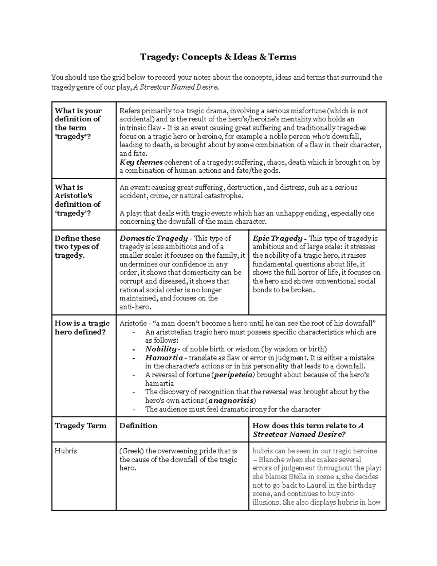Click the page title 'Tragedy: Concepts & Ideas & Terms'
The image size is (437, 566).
coord(219,57)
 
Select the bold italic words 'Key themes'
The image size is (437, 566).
coord(141,163)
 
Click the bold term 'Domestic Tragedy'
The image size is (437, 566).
coord(153,238)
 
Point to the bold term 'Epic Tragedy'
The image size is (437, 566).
coord(277,238)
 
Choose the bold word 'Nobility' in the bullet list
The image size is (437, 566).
coord(161,349)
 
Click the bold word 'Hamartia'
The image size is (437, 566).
coord(164,358)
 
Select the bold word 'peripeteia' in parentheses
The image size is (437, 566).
coord(233,375)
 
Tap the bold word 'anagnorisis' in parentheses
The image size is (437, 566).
coord(230,401)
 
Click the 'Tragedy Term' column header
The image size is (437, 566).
coord(80,426)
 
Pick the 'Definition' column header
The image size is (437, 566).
coord(138,426)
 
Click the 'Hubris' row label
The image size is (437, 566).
coord(66,451)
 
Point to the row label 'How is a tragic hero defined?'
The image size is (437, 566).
coord(82,328)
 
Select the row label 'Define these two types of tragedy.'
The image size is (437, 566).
coord(78,247)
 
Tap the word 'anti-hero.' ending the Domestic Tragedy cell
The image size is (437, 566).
coord(135,307)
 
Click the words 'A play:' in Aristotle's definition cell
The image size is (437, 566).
coord(130,213)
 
